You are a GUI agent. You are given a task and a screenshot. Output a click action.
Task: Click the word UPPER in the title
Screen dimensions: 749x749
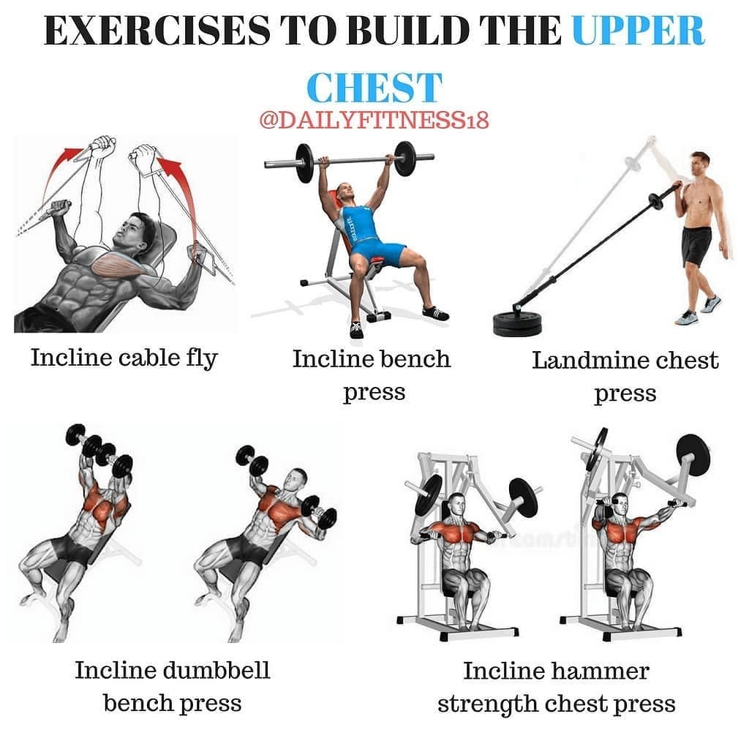point(638,31)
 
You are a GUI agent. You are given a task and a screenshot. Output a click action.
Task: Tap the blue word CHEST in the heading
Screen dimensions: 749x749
point(374,88)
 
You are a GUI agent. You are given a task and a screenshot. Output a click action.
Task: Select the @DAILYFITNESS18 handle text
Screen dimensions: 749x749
point(374,120)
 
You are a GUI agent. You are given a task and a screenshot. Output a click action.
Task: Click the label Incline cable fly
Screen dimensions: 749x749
point(124,358)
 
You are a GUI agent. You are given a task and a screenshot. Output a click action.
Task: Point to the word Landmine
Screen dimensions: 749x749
point(590,361)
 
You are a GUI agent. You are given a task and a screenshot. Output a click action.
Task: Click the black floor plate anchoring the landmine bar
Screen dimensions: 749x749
point(517,323)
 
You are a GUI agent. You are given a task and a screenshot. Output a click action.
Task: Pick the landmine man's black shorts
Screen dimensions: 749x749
point(697,246)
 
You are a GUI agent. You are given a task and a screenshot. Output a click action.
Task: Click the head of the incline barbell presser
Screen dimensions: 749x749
point(345,193)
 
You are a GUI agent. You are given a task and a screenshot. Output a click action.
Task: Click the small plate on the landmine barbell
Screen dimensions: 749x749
point(655,201)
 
